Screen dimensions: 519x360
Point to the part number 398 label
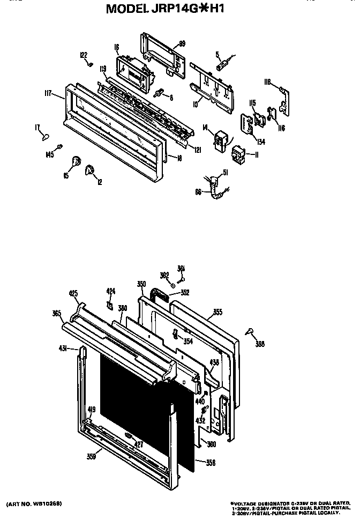point(260,344)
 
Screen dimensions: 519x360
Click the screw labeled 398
point(250,332)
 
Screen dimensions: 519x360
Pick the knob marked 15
point(77,161)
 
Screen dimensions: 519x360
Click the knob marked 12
point(89,170)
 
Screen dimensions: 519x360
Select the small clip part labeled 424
point(109,305)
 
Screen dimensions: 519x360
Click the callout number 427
point(138,444)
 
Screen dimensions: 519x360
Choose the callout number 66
point(198,191)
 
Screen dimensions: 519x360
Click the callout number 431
point(62,349)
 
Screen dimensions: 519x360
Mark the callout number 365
point(56,313)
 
